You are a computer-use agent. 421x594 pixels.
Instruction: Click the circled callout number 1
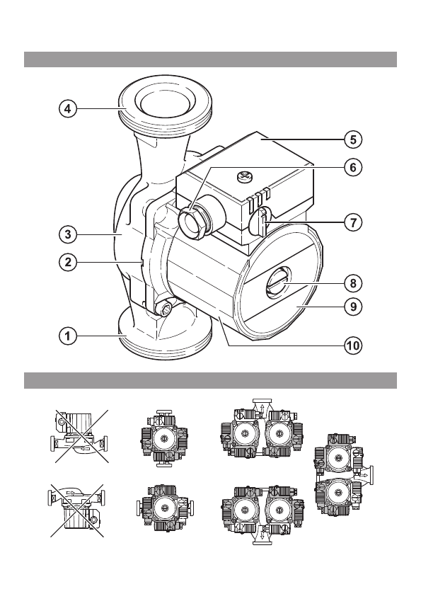click(x=67, y=336)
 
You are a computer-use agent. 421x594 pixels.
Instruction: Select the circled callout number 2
click(x=67, y=262)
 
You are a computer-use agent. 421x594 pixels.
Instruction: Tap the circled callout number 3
click(x=67, y=234)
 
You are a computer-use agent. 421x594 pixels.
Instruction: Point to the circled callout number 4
click(x=67, y=109)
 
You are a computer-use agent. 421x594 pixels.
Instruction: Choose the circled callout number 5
click(x=353, y=139)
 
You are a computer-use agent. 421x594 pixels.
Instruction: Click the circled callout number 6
click(x=353, y=167)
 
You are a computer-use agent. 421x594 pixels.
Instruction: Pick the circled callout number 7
click(x=353, y=222)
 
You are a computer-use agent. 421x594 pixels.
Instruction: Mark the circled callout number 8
click(x=353, y=283)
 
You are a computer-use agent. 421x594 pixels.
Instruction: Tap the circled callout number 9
click(x=353, y=306)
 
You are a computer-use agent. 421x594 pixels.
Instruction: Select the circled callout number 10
click(x=353, y=345)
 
